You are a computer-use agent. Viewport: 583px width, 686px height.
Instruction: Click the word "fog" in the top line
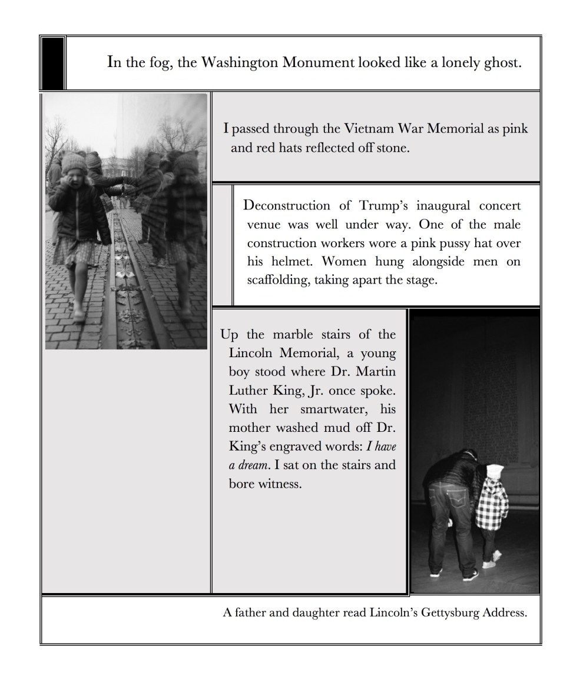pos(160,63)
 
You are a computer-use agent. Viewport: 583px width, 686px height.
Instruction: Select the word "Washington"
pos(240,62)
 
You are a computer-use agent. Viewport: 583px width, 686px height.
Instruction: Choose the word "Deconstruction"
pos(287,206)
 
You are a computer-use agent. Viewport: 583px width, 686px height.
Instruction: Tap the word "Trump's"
pos(383,206)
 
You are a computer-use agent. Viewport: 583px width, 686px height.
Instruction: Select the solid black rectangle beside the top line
pos(52,63)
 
